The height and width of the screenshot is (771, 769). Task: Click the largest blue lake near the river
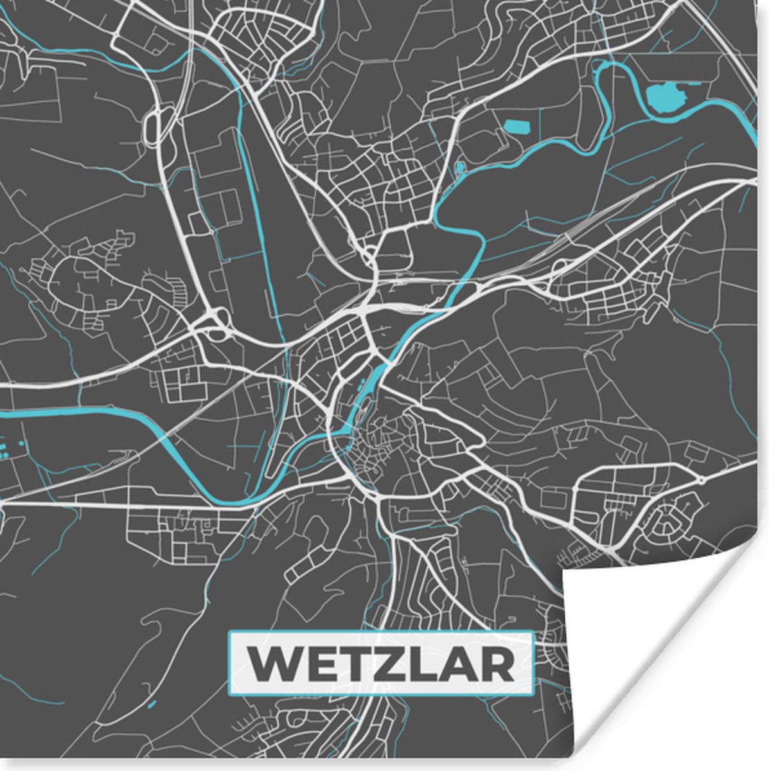click(667, 96)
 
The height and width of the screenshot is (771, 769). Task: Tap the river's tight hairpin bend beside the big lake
click(601, 71)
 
